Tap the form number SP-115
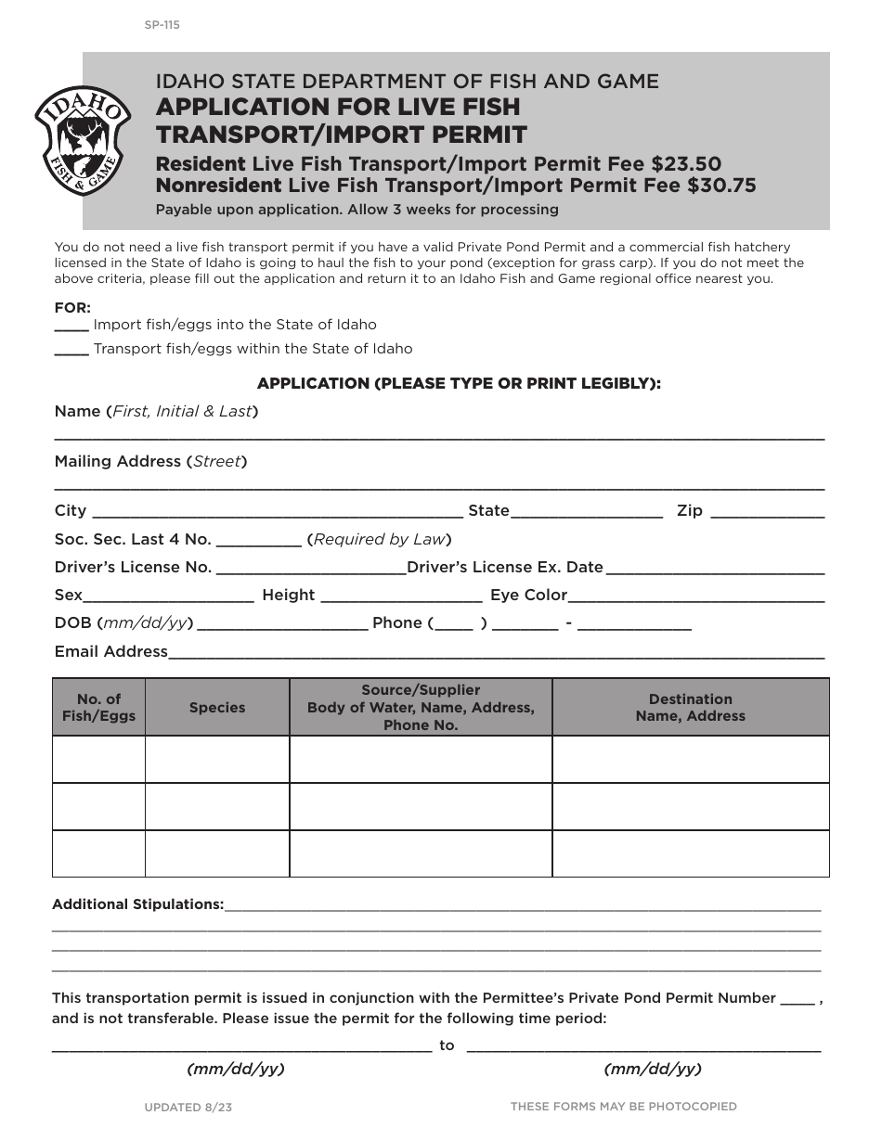point(162,25)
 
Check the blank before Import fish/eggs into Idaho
point(71,327)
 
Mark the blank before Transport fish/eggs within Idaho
point(71,351)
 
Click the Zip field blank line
point(767,512)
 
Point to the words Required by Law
point(380,539)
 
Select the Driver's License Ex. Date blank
point(715,569)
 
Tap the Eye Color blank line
point(696,596)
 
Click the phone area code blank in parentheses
point(454,624)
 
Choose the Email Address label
point(111,651)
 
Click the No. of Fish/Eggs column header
point(98,708)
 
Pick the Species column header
point(217,708)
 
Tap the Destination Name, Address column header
point(691,708)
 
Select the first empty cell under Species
point(217,760)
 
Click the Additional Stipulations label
point(137,904)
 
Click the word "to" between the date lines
point(447,1045)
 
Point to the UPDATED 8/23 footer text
point(188,1107)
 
